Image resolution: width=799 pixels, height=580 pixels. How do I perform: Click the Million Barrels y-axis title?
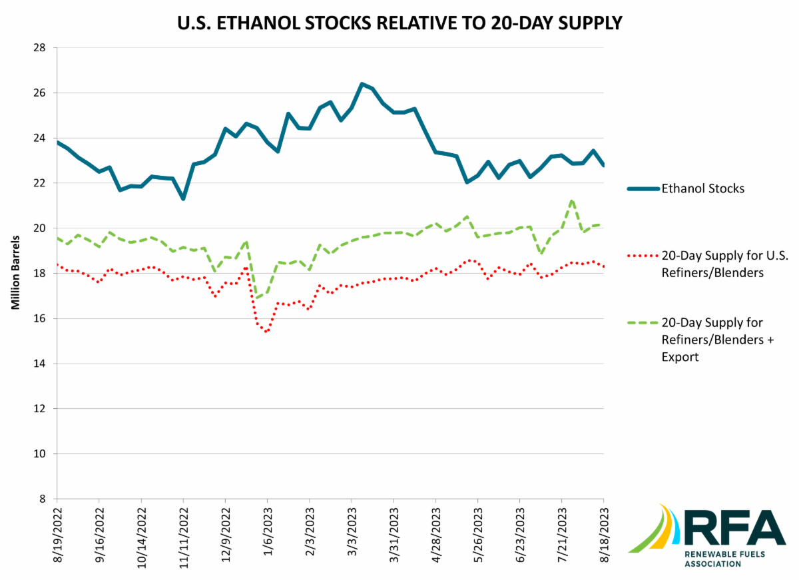(x=14, y=273)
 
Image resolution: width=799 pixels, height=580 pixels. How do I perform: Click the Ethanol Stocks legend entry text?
(x=702, y=188)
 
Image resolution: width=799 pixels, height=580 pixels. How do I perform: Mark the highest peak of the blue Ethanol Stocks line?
(x=362, y=84)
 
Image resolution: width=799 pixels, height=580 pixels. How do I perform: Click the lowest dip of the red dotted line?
(x=266, y=332)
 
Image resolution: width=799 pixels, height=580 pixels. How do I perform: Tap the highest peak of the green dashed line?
(x=572, y=200)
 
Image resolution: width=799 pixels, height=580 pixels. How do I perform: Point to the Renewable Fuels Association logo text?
(x=722, y=559)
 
